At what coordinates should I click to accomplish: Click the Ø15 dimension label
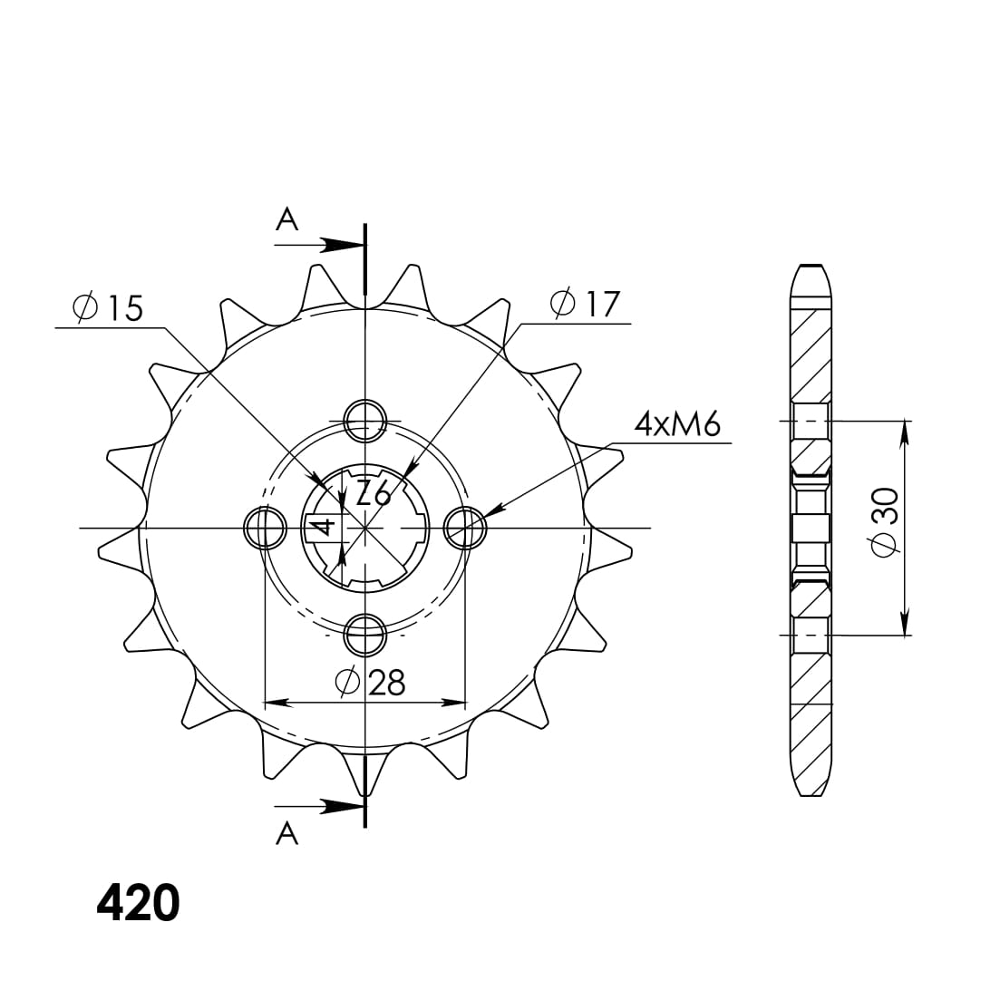pos(108,308)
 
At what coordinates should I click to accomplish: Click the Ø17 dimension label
pos(585,304)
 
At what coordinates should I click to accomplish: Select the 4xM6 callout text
pos(677,423)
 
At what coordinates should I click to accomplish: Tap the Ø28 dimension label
pos(370,682)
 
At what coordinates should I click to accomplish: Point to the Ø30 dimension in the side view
pos(884,520)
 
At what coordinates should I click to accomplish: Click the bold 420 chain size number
pos(138,903)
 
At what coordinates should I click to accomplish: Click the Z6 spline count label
pos(373,493)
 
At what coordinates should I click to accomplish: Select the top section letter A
pos(286,219)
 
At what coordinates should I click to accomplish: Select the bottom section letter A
pos(286,832)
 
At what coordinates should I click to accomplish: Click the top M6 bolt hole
pos(364,419)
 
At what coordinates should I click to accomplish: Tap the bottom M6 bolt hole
pos(364,635)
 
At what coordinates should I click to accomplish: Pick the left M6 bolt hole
pos(264,528)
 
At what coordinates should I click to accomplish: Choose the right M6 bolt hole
pos(465,528)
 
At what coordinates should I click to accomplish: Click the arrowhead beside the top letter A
pos(343,245)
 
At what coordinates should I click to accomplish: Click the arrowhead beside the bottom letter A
pos(343,805)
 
